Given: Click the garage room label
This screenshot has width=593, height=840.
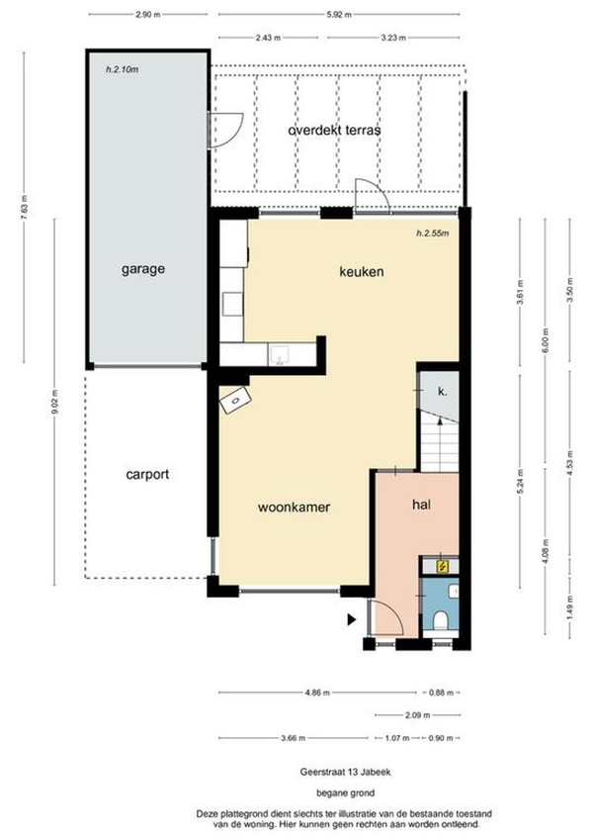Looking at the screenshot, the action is pyautogui.click(x=143, y=269).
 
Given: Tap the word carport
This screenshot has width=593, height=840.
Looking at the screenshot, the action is pyautogui.click(x=147, y=475).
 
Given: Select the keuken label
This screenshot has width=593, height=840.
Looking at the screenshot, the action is pyautogui.click(x=362, y=272).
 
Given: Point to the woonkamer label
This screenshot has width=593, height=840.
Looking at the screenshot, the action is pyautogui.click(x=294, y=507).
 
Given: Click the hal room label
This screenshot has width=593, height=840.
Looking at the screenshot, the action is pyautogui.click(x=421, y=505).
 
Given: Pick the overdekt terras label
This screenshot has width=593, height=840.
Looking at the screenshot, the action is pyautogui.click(x=334, y=131).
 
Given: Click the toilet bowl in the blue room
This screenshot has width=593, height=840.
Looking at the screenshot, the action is pyautogui.click(x=441, y=621).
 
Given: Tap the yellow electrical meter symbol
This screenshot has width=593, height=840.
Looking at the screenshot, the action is pyautogui.click(x=442, y=566).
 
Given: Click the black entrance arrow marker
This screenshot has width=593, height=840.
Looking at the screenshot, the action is pyautogui.click(x=352, y=619).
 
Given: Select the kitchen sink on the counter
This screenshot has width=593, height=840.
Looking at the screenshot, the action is pyautogui.click(x=280, y=355).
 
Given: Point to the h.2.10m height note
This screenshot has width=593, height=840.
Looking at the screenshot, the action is pyautogui.click(x=122, y=69).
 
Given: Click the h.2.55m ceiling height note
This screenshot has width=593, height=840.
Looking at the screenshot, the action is pyautogui.click(x=433, y=233).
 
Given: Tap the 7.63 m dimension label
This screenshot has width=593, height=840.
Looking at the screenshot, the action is pyautogui.click(x=24, y=207).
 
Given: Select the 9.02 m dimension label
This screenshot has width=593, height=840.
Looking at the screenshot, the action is pyautogui.click(x=54, y=402).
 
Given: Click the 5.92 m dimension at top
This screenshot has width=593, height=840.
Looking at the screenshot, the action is pyautogui.click(x=339, y=15).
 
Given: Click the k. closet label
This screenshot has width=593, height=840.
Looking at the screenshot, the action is pyautogui.click(x=442, y=391).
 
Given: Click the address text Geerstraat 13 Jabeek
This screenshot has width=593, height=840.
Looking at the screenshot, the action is pyautogui.click(x=345, y=772).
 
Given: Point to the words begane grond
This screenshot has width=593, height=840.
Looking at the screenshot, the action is pyautogui.click(x=345, y=793).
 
